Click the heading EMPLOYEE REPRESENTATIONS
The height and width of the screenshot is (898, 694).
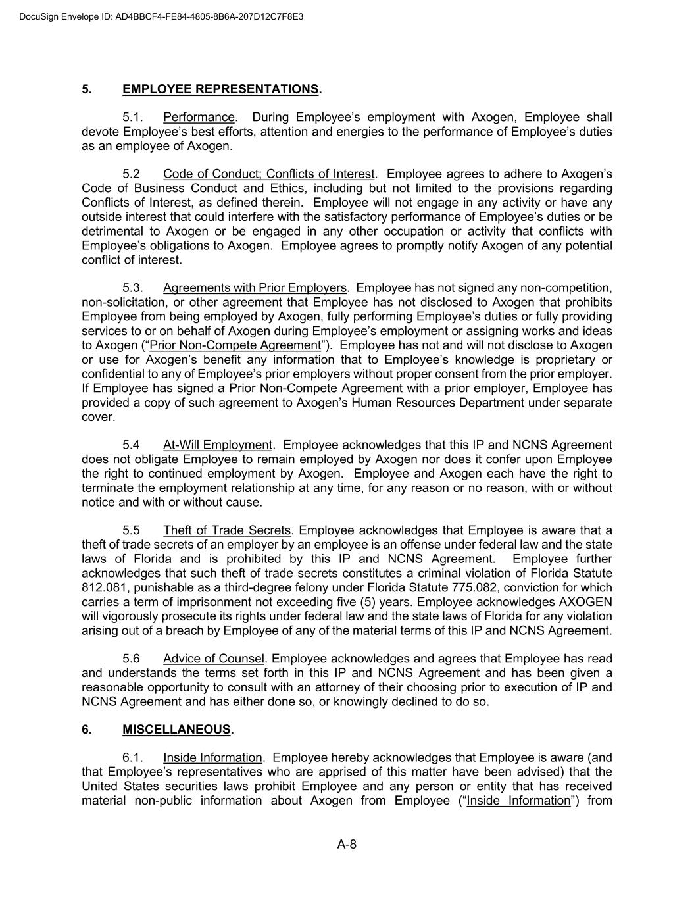click(x=220, y=89)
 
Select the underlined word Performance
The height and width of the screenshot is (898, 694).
click(x=199, y=118)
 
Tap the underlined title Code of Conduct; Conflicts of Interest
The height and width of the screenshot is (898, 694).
click(x=269, y=174)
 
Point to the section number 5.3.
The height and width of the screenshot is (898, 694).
click(x=133, y=288)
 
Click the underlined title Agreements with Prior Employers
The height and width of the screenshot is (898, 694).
click(x=255, y=288)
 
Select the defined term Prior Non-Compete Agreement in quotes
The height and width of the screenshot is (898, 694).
click(x=235, y=345)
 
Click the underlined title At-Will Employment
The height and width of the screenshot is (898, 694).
click(x=217, y=445)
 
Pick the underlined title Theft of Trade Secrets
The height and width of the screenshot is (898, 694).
click(x=226, y=530)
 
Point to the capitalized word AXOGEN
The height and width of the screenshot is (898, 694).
click(x=585, y=602)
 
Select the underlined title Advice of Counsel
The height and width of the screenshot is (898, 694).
click(x=214, y=659)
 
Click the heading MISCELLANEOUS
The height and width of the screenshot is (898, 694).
click(x=176, y=730)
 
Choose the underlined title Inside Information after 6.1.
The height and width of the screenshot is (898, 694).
click(x=212, y=758)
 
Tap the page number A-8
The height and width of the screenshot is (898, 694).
click(x=347, y=845)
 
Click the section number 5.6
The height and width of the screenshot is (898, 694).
click(x=131, y=659)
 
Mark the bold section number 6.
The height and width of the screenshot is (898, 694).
click(x=86, y=730)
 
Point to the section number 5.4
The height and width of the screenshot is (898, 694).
click(x=131, y=445)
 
